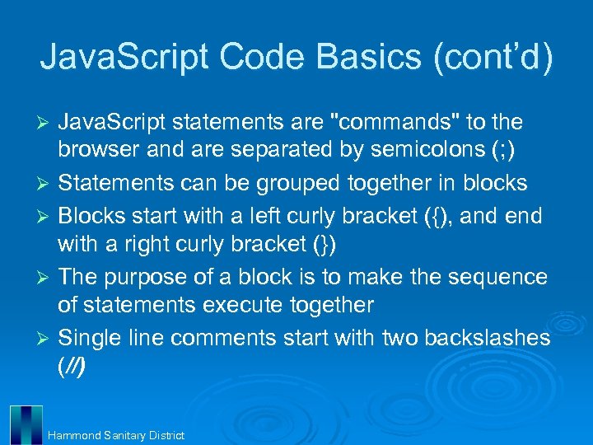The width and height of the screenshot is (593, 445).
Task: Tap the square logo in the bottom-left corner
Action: (26, 424)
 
